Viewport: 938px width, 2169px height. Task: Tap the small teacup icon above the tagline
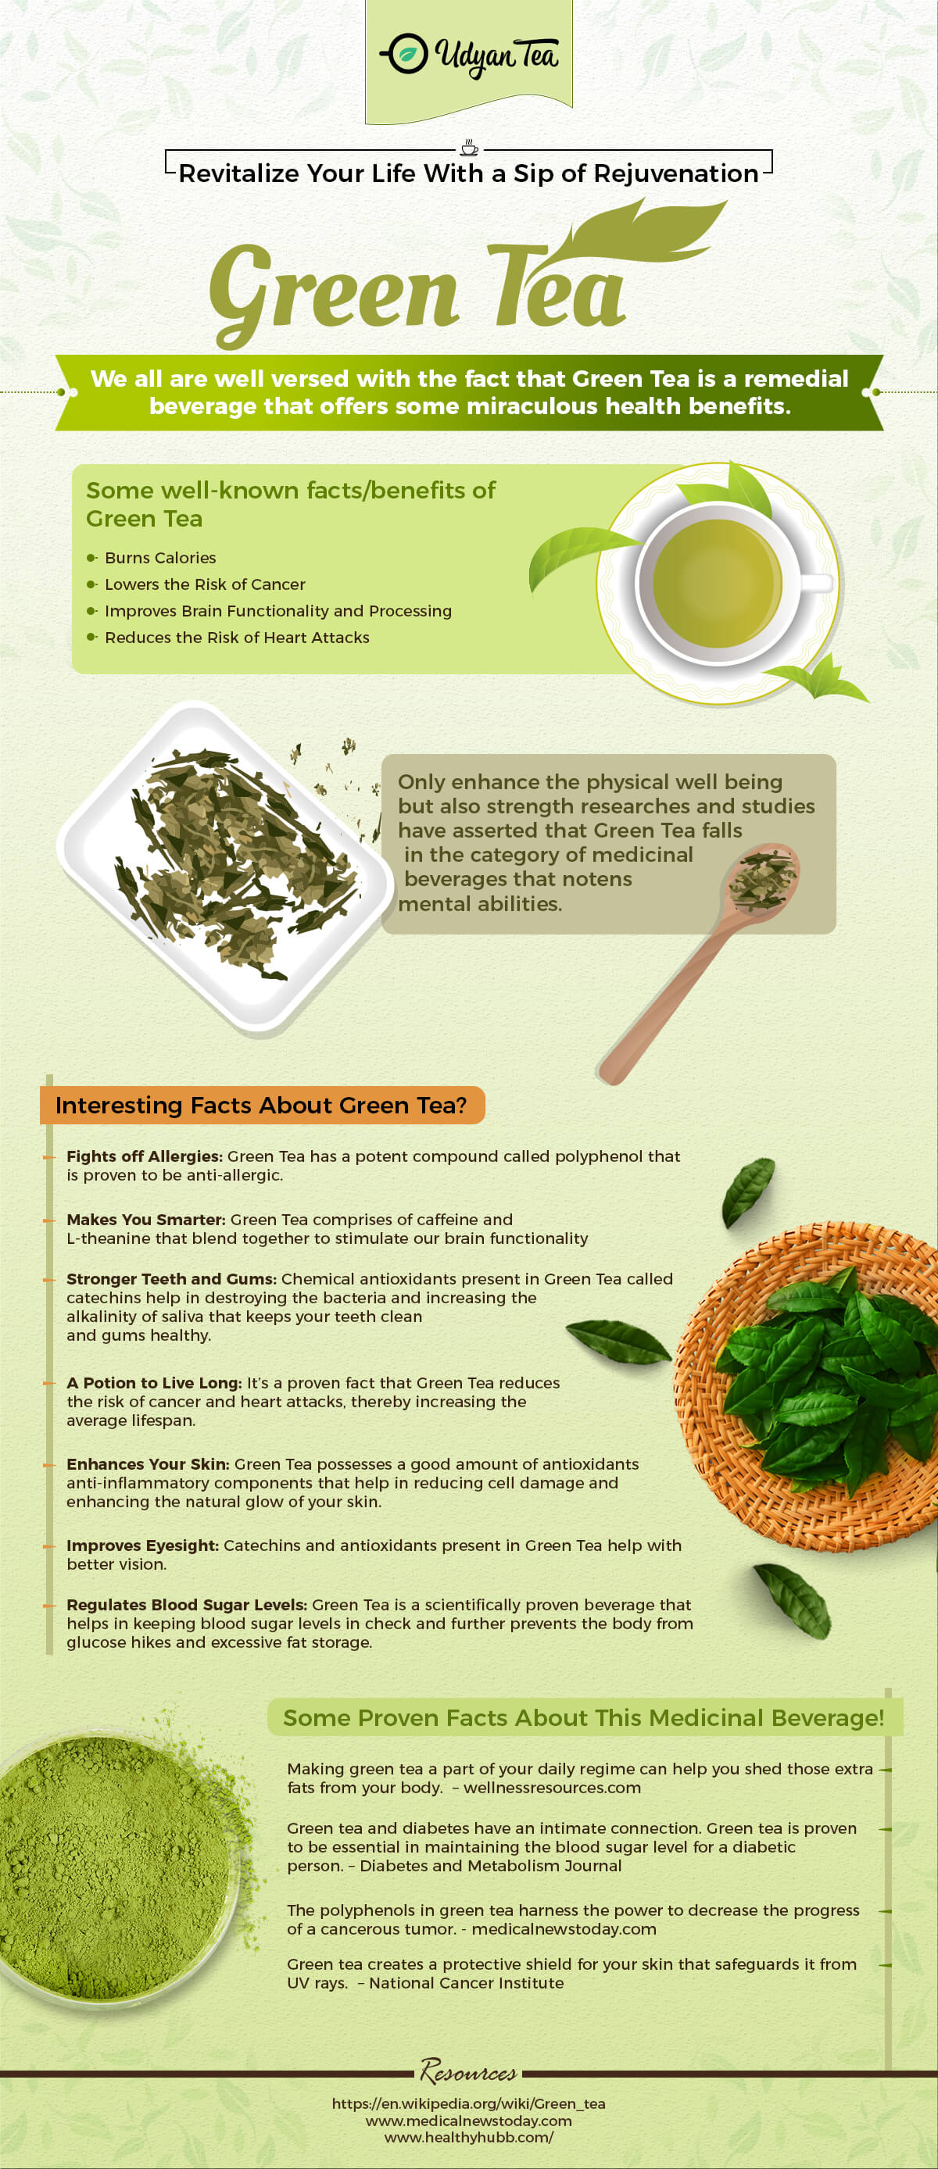point(469,148)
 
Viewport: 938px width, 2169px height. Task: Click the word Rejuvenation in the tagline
point(675,173)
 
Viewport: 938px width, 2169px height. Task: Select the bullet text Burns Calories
point(160,557)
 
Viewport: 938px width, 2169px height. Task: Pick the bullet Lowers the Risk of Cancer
point(205,584)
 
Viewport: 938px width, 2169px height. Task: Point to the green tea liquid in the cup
point(717,583)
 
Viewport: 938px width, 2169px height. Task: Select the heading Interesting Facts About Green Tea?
point(261,1105)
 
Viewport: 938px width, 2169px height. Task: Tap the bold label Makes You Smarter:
point(145,1219)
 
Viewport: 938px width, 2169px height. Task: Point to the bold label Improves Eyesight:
point(142,1545)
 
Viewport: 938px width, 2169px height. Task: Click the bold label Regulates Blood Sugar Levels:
point(187,1605)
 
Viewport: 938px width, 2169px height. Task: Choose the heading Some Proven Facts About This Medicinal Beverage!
point(583,1717)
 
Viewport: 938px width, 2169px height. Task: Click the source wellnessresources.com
point(552,1788)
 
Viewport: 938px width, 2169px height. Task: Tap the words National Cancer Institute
point(466,1983)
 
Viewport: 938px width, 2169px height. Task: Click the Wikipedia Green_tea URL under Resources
point(468,2103)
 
